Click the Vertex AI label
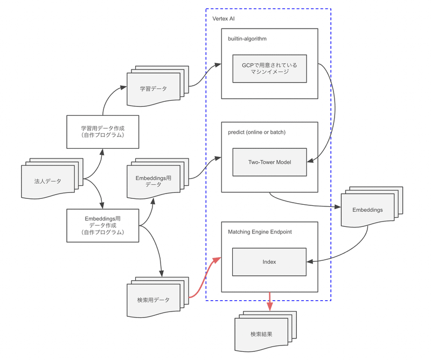tap(223, 19)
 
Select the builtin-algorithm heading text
tap(247, 39)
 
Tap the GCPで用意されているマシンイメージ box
tap(269, 68)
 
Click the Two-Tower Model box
tap(269, 162)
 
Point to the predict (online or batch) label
tap(256, 132)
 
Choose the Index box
tap(269, 262)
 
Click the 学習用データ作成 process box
tap(102, 131)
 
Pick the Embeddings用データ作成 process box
tap(102, 225)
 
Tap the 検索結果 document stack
tap(262, 333)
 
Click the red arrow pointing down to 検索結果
tap(269, 302)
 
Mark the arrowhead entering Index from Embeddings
tap(310, 262)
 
